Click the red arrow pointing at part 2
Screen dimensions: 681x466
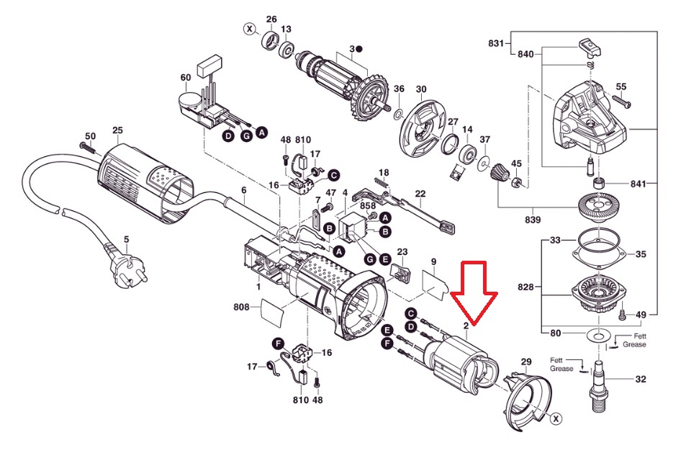tap(474, 293)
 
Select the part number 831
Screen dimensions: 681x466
tap(496, 43)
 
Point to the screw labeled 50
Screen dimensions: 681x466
tap(89, 148)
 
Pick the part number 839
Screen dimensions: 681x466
tap(533, 220)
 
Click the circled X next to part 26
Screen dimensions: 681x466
tap(249, 29)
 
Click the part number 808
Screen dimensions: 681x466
tap(241, 307)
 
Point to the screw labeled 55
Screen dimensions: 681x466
tap(621, 102)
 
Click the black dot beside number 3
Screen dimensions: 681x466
tap(358, 49)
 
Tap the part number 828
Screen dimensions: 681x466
tap(526, 287)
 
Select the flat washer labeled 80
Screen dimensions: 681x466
tap(598, 336)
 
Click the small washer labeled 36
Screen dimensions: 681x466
tap(398, 115)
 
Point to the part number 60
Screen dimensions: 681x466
tap(186, 77)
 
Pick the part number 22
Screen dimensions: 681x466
tap(420, 194)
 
